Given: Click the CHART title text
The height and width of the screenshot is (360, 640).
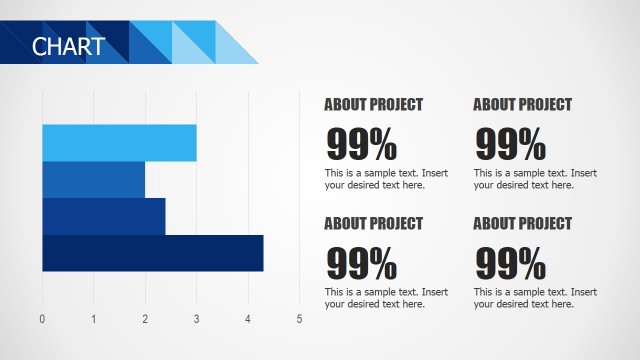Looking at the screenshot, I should [x=68, y=46].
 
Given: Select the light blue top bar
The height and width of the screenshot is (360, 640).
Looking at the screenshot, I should [x=119, y=143].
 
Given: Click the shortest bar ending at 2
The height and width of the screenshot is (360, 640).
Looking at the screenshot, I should [x=93, y=180].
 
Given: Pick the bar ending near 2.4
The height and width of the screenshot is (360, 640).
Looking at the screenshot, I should [x=103, y=216].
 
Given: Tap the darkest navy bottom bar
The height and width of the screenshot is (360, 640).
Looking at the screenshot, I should [x=152, y=253].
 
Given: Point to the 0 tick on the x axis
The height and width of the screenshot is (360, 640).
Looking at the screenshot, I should [x=42, y=320].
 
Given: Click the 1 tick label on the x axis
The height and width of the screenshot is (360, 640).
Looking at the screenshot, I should [x=94, y=320].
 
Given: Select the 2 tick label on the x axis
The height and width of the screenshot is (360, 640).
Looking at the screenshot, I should [x=145, y=320].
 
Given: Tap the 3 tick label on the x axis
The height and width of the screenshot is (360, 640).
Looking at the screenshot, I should [x=196, y=320].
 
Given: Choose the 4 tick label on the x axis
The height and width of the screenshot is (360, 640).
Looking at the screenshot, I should [x=248, y=320].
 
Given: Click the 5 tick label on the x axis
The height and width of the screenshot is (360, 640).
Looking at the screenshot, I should [x=299, y=320].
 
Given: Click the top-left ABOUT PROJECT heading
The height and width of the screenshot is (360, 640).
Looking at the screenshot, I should [x=373, y=105].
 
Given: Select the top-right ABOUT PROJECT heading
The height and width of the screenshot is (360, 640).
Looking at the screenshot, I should [x=522, y=105].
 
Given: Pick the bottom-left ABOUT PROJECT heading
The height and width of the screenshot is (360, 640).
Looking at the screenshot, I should [x=373, y=224].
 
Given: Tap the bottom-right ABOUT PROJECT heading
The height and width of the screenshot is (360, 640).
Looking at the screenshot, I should [x=522, y=224].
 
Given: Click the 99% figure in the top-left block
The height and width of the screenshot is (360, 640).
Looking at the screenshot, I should [x=361, y=145].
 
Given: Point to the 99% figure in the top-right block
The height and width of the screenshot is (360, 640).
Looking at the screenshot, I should [x=510, y=145].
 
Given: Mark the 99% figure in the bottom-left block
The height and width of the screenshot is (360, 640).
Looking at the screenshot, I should [x=361, y=264].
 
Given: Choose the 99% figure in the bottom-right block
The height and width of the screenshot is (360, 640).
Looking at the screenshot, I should [x=510, y=264].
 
